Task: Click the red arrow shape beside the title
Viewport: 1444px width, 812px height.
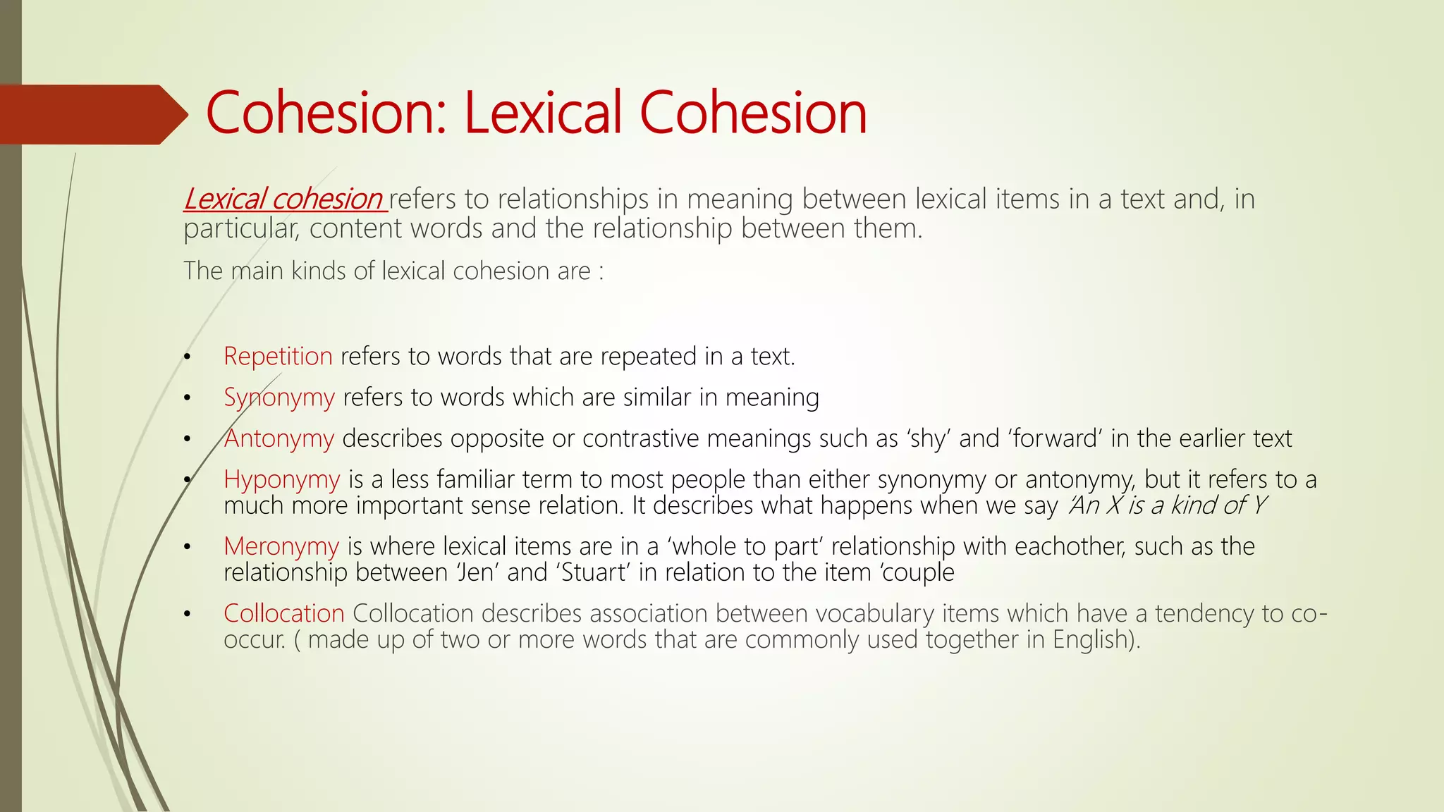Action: click(92, 114)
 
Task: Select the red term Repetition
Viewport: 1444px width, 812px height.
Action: click(278, 356)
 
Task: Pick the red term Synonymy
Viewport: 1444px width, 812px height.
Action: click(279, 398)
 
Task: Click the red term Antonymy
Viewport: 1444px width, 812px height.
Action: click(279, 438)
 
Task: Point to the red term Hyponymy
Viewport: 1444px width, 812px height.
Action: click(282, 479)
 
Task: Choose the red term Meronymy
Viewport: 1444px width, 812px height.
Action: click(281, 546)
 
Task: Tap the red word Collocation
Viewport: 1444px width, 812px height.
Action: click(283, 613)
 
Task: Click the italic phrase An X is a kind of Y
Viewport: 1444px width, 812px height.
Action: click(1168, 505)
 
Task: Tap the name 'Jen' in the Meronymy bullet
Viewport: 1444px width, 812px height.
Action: click(475, 572)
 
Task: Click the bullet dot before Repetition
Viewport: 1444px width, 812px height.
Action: click(187, 357)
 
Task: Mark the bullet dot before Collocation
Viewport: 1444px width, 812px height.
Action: click(187, 615)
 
